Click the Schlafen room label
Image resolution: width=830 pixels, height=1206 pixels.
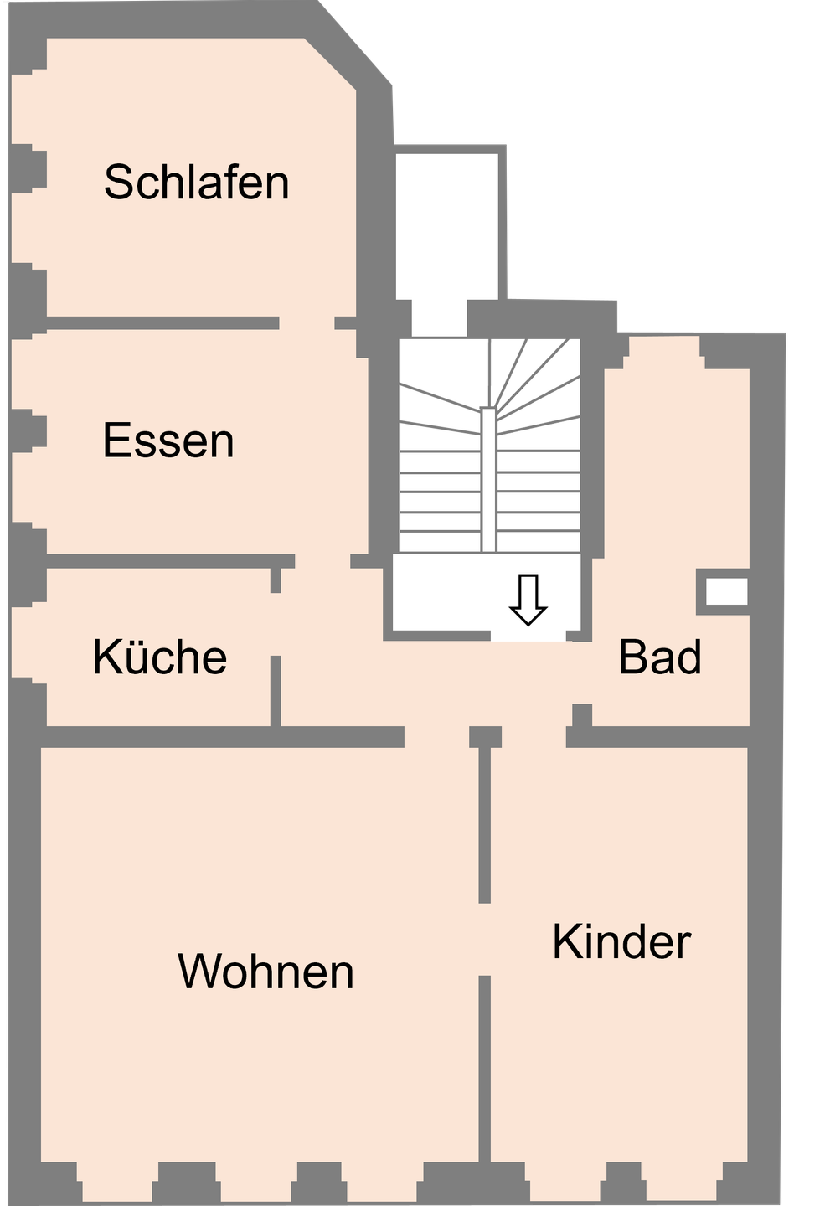point(197,182)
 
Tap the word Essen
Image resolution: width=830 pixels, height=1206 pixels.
point(168,441)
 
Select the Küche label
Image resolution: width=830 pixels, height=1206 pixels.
point(160,657)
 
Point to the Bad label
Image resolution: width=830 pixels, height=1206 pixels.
point(660,657)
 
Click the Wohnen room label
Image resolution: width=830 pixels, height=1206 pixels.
point(265,971)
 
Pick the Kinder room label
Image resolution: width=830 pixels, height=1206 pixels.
point(621,942)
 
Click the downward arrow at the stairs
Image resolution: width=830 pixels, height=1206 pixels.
point(528,599)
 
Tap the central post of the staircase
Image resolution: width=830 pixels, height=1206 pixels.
point(488,477)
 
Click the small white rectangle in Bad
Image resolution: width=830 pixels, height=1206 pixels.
point(726,591)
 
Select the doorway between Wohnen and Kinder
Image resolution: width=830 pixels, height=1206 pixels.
point(484,939)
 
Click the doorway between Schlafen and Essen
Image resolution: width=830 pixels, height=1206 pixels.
point(307,322)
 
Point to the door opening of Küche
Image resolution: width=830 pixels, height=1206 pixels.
point(276,624)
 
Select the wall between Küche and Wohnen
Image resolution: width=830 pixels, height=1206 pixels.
point(218,736)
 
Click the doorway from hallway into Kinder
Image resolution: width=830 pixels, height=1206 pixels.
point(534,737)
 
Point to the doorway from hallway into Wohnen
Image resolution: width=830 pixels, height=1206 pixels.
point(436,737)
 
